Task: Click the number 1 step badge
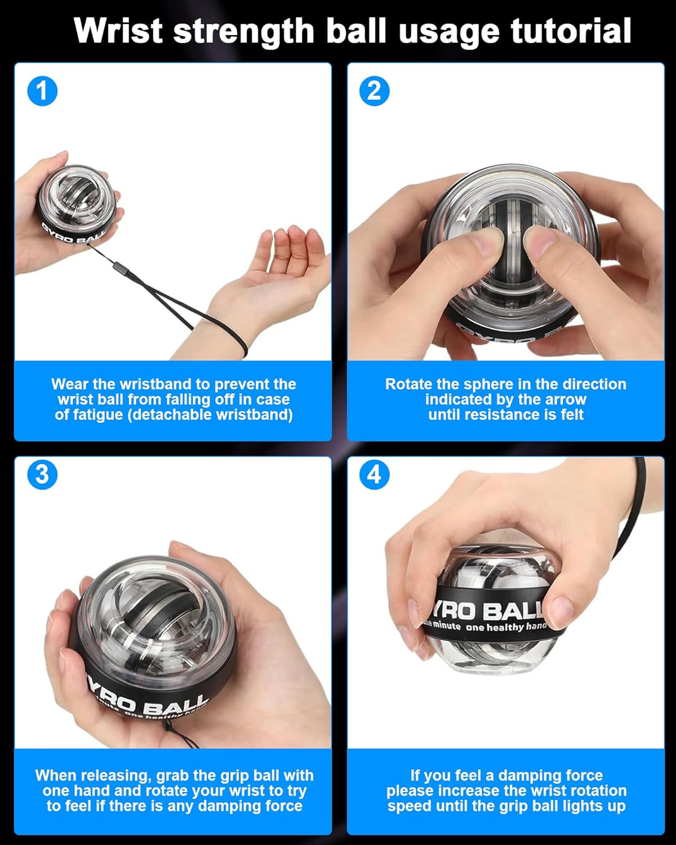coord(42,91)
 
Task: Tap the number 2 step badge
coord(374,91)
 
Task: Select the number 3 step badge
coord(42,474)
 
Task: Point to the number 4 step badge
coord(374,474)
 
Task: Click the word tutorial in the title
coord(571,30)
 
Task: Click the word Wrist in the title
coord(118,30)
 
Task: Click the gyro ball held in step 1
coord(77,204)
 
